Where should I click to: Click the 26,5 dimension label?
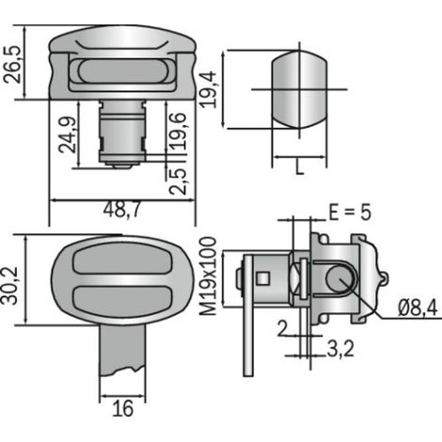coord(12,65)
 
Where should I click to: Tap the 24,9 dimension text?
coord(68,134)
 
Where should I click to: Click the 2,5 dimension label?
coord(178,182)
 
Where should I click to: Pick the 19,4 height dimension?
coord(208,90)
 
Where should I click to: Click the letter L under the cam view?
coord(300,167)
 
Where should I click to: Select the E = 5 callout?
coord(350,213)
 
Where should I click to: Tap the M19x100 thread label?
coord(208,276)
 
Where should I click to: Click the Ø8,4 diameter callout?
coord(418,308)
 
